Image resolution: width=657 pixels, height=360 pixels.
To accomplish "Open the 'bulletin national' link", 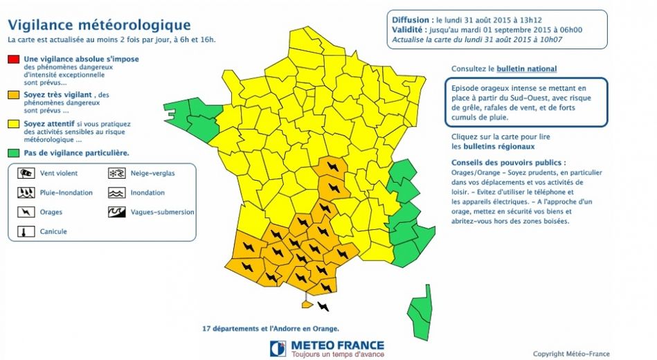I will tap(526, 69).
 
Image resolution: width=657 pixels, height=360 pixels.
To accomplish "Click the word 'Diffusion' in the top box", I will tap(411, 20).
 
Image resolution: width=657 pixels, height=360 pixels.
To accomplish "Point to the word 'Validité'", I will tap(408, 30).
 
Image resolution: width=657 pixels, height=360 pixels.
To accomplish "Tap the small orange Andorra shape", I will tap(307, 303).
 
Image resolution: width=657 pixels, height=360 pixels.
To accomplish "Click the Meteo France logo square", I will tap(278, 348).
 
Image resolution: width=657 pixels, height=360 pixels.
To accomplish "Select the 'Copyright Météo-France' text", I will tap(571, 354).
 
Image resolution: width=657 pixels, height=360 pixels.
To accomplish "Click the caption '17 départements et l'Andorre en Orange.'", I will tap(271, 328).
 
